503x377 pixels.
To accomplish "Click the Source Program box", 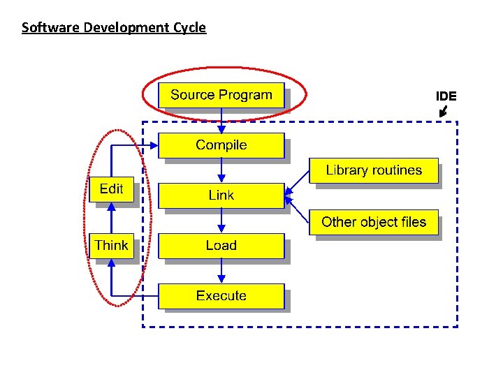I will tap(221, 95).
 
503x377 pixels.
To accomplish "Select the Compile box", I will tap(221, 145).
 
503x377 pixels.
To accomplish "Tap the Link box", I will tap(221, 195).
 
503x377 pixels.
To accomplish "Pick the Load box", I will tap(221, 246).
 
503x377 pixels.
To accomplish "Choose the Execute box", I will tap(221, 296).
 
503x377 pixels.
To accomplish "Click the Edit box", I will tap(111, 189).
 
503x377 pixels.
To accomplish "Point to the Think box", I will tap(111, 246).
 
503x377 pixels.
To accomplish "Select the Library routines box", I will tap(374, 170).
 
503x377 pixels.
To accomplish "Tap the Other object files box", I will tap(374, 223).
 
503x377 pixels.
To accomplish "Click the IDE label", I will tap(446, 96).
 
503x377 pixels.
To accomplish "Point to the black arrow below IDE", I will tap(443, 111).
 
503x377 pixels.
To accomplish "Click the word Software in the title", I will tap(45, 28).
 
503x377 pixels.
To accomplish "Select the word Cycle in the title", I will tap(189, 28).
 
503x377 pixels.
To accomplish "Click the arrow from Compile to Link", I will tap(221, 170).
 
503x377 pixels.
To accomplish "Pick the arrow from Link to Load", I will tap(221, 221).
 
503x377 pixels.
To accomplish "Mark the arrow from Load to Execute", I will tap(221, 271).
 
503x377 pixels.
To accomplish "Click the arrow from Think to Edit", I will tap(111, 217).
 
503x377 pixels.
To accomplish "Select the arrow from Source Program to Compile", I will tap(221, 120).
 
